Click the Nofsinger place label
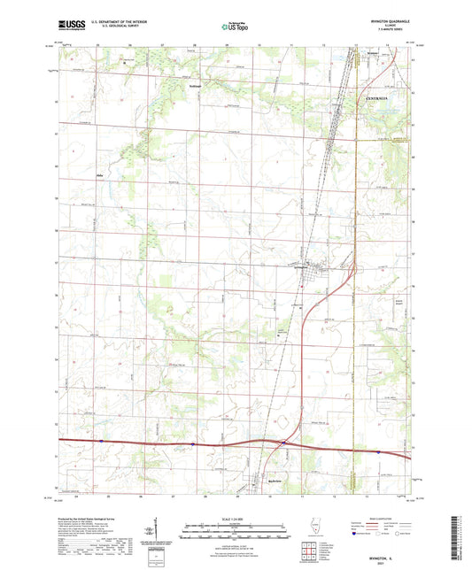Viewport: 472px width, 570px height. [x=196, y=85]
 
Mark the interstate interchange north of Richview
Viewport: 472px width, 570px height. [x=283, y=443]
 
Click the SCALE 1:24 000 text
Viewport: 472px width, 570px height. [x=236, y=517]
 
